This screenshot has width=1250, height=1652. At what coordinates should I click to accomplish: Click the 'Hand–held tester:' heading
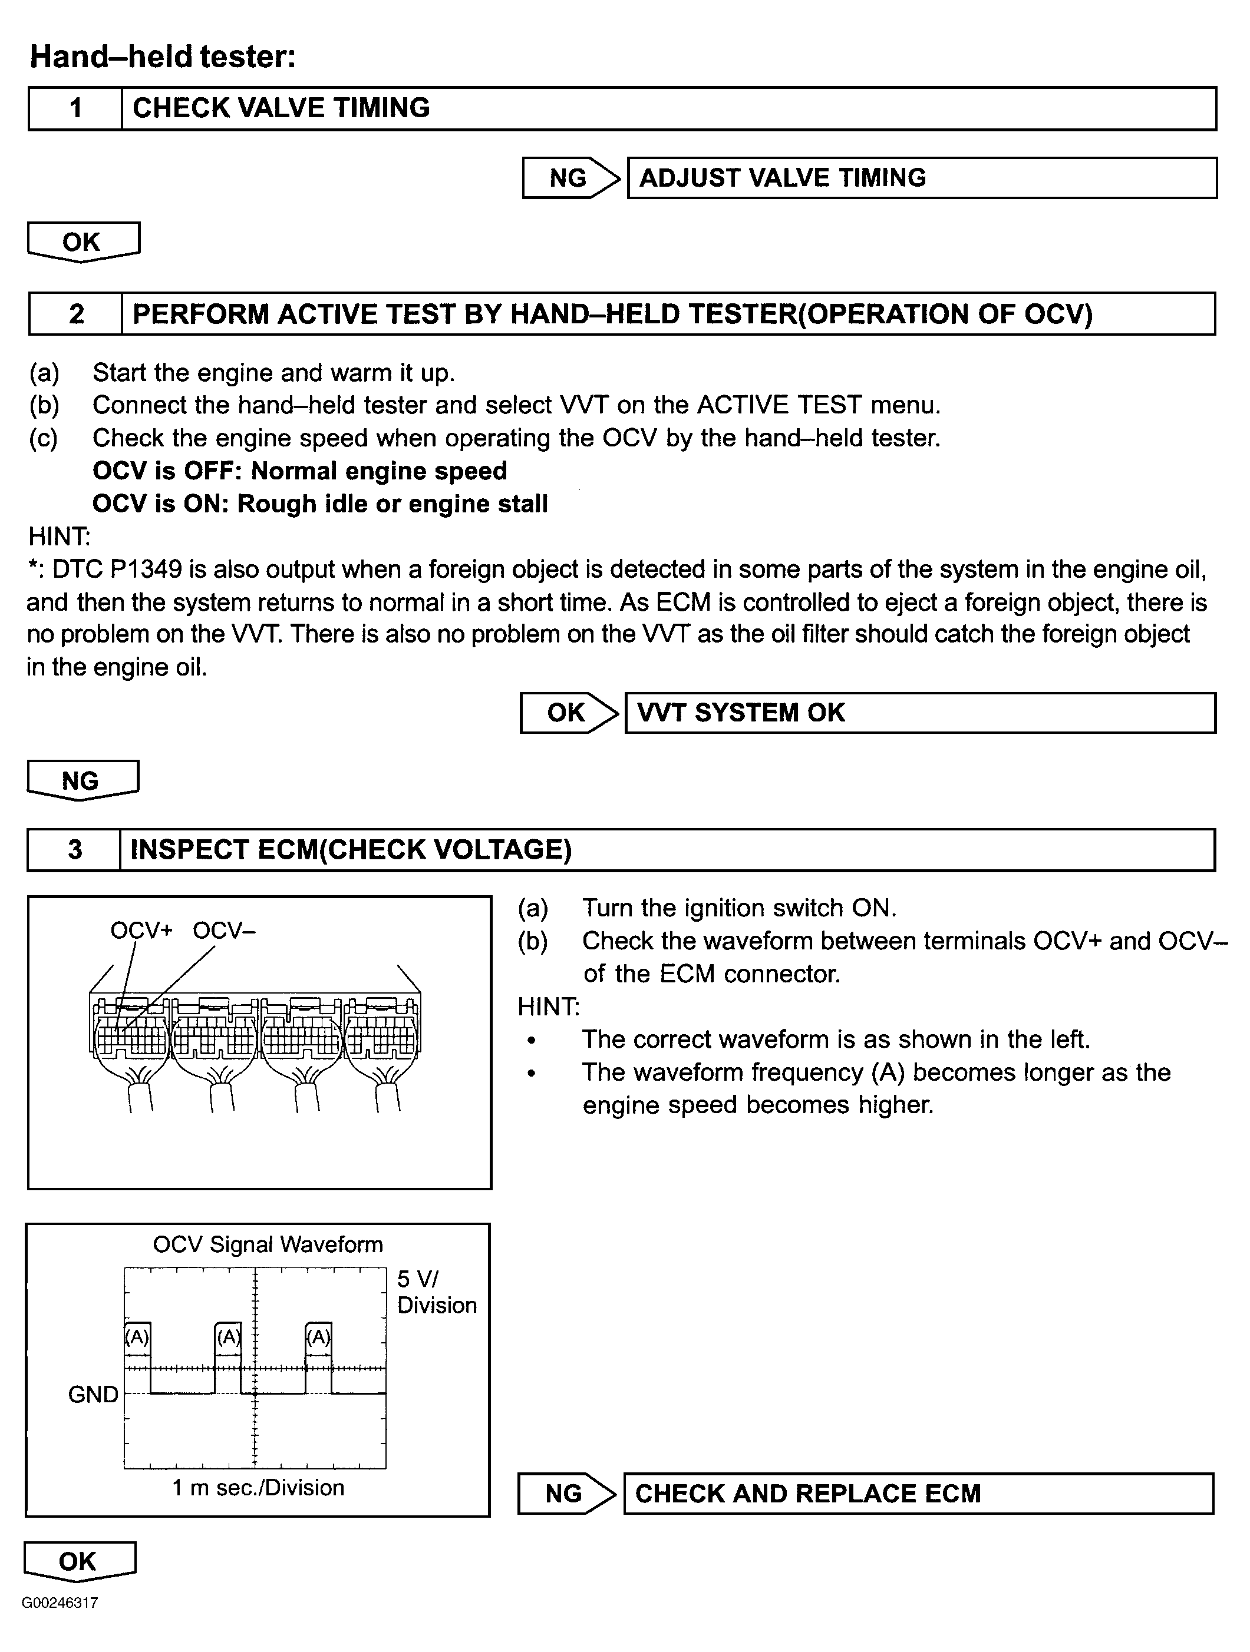[x=163, y=57]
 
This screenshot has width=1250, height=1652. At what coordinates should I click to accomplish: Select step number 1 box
[x=75, y=109]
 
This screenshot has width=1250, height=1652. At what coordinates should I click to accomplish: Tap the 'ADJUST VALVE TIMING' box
[x=921, y=178]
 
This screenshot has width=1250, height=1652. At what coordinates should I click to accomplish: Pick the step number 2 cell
[x=75, y=314]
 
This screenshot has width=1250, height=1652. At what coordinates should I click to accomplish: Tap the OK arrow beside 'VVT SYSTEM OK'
[x=568, y=713]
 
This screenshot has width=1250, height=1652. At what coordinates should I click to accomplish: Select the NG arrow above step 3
[x=81, y=780]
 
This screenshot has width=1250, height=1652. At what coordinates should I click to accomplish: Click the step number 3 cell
[x=75, y=850]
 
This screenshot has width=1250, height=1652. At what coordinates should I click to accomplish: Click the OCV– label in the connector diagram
[x=224, y=931]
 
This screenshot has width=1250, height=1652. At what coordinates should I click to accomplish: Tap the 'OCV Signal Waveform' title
[x=268, y=1245]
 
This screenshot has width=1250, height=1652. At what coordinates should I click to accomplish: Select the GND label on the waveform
[x=93, y=1395]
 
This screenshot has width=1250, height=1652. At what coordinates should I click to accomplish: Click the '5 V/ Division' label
[x=436, y=1292]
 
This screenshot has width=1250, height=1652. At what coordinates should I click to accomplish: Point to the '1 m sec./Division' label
[x=258, y=1488]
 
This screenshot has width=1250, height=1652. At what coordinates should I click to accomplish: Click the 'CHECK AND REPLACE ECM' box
[x=918, y=1494]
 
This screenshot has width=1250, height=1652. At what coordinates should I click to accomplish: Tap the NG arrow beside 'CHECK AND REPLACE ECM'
[x=566, y=1494]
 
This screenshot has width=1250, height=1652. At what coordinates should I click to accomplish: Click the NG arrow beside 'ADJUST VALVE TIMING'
[x=570, y=178]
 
